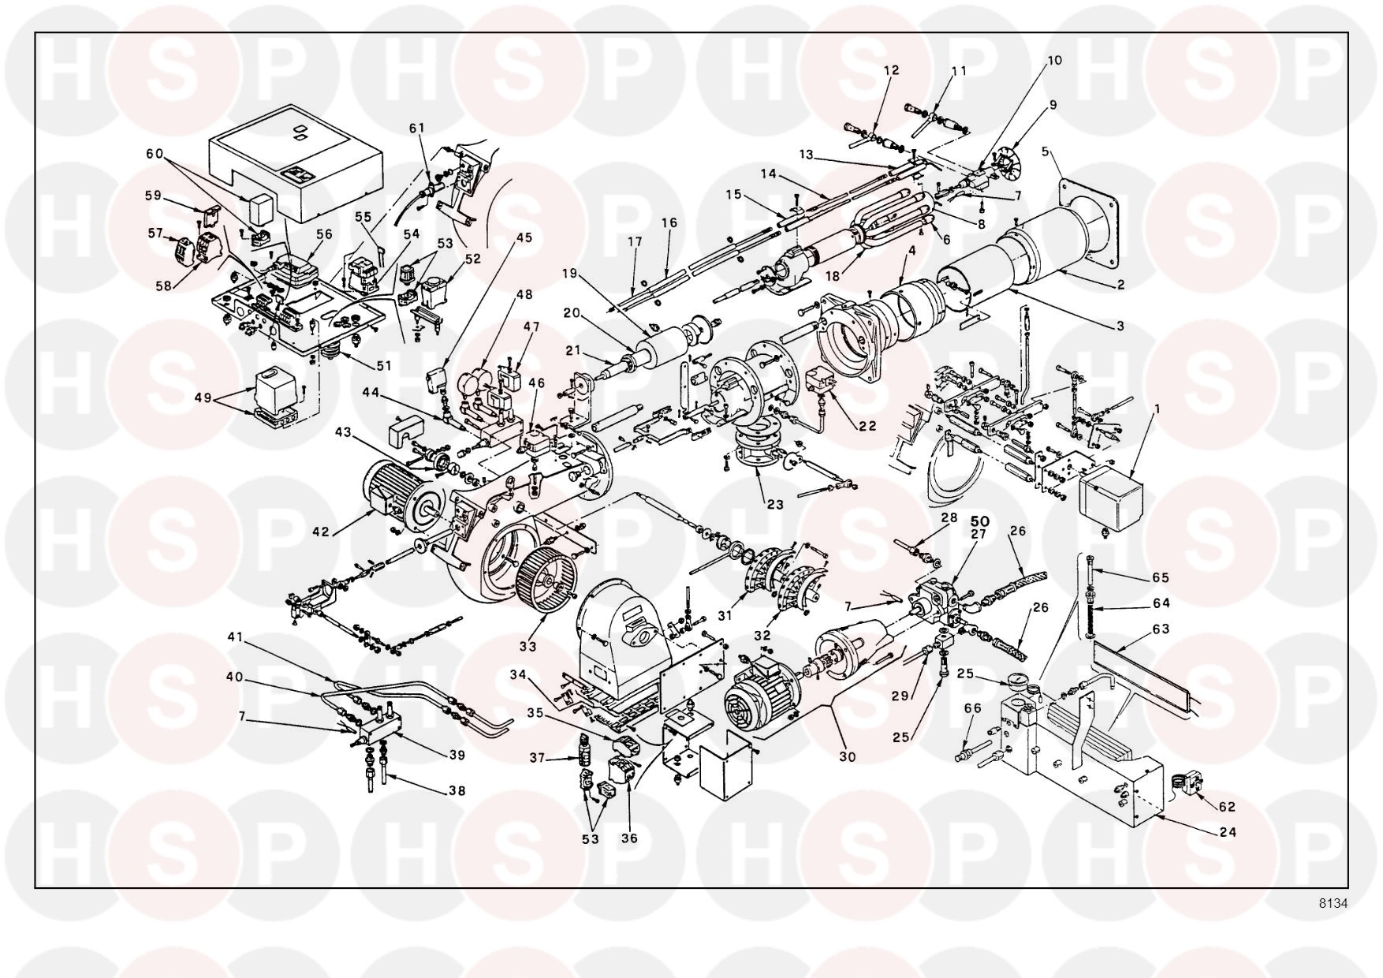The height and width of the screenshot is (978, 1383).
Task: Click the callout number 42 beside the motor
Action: click(320, 532)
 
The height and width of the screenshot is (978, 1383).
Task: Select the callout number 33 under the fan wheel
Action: click(528, 647)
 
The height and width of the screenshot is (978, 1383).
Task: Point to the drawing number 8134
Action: click(1333, 904)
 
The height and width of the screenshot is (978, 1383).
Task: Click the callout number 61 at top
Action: click(416, 128)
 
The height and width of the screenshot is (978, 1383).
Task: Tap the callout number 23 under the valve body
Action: click(775, 504)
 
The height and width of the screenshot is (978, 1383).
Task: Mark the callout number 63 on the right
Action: click(1182, 629)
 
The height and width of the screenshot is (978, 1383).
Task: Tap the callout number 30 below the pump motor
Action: click(848, 757)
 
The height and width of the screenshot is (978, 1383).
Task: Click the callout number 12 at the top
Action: click(891, 70)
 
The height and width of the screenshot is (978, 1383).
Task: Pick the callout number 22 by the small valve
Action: click(867, 426)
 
